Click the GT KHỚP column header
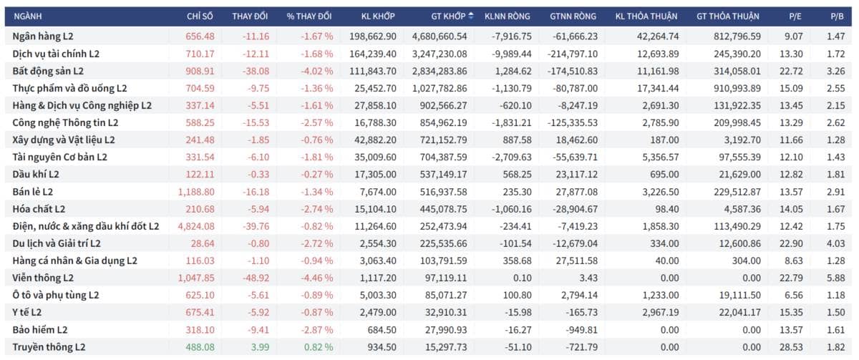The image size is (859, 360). point(448,16)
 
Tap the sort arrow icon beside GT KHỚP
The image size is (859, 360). point(471,16)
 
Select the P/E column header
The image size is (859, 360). point(795,16)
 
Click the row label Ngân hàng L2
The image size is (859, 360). point(42,37)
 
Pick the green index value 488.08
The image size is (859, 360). point(200,347)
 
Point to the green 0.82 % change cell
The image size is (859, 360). point(319,347)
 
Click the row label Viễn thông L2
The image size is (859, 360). point(42,278)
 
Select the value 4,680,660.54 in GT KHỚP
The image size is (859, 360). point(440,37)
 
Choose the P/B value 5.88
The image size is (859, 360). point(835,278)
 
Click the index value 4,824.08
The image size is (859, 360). point(196,226)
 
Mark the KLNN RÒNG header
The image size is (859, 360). point(507,16)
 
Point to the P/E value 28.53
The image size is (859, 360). point(791,347)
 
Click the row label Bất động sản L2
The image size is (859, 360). point(48,71)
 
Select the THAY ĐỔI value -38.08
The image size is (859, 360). point(256,71)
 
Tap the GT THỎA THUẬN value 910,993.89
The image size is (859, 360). point(737,88)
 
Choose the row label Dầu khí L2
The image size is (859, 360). point(36,175)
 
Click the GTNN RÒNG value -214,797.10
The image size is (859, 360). point(572,54)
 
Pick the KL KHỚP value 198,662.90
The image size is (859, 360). point(373,37)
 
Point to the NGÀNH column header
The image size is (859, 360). point(28,16)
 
